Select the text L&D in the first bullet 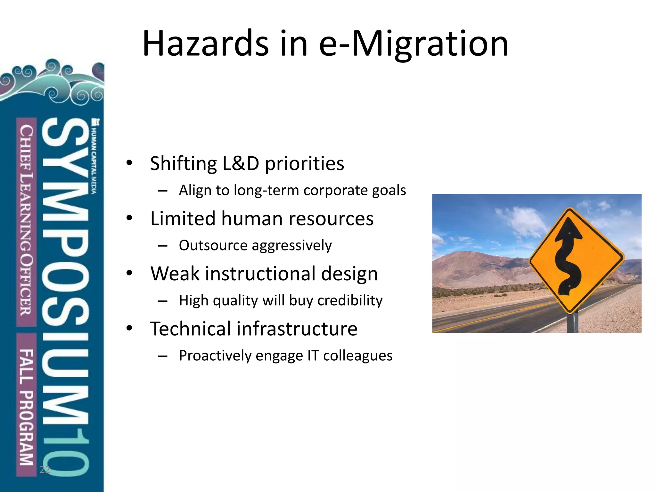[241, 163]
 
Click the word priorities [304, 163]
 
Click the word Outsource [213, 245]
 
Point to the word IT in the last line [313, 356]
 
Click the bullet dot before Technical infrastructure [129, 328]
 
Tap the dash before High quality [163, 301]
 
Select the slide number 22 [45, 470]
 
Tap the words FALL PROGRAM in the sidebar [26, 407]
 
